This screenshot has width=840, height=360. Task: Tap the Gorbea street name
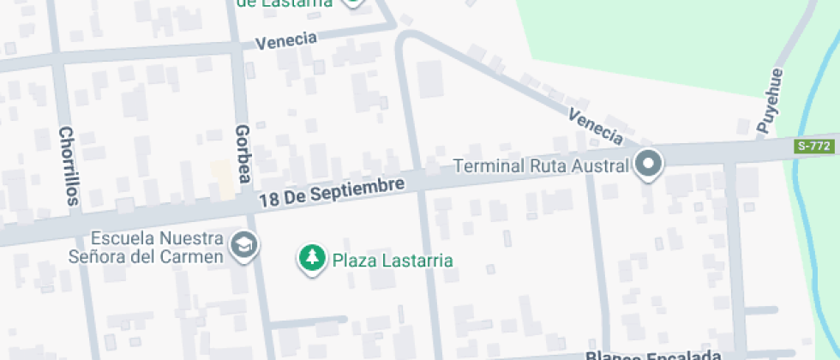(x=242, y=153)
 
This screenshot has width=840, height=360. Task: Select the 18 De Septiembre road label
(x=331, y=192)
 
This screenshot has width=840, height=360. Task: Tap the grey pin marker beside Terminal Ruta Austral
(x=649, y=164)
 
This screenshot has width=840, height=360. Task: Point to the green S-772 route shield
(x=813, y=147)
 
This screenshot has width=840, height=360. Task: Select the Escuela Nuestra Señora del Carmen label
(x=146, y=247)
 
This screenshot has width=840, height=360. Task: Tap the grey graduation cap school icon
(x=246, y=246)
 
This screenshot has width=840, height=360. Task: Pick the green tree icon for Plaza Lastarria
(x=313, y=258)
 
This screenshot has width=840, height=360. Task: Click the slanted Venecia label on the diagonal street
(x=596, y=126)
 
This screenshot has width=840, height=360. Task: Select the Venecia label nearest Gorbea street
(x=286, y=41)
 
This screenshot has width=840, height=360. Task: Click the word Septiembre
(x=358, y=189)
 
